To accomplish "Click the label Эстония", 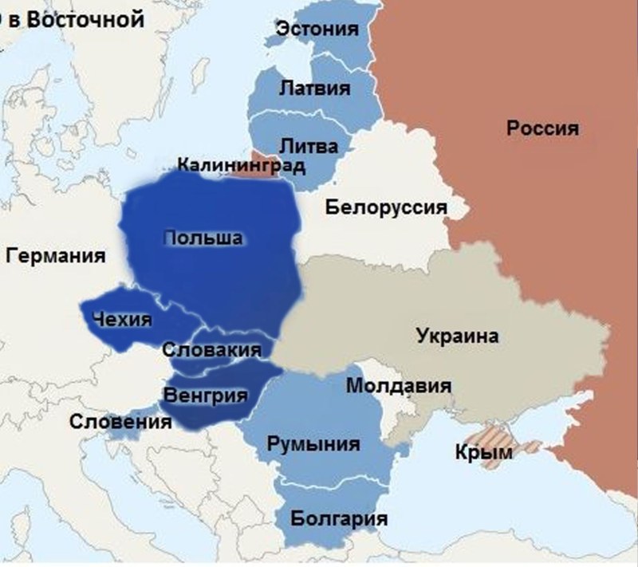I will click(x=316, y=30).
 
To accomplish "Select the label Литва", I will click(x=309, y=147).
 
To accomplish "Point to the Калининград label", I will click(x=241, y=166).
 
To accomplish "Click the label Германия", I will click(x=56, y=257).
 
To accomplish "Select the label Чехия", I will click(x=121, y=321).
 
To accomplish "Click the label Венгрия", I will click(x=204, y=395).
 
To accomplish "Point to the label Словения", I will click(x=120, y=422).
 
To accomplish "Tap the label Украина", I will click(x=457, y=336).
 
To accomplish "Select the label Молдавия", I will click(x=399, y=386).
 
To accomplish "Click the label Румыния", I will click(x=313, y=444).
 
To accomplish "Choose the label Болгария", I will click(x=339, y=520).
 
